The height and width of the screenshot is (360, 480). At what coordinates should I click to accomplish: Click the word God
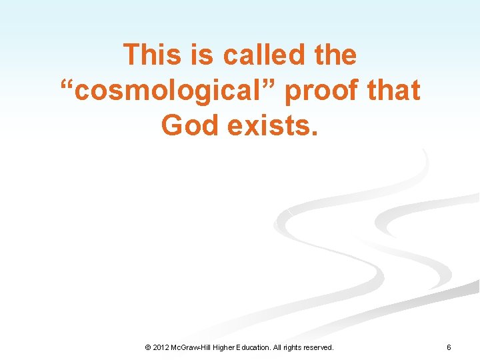click(x=190, y=125)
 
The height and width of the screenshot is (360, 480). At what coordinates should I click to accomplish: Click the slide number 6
click(x=449, y=347)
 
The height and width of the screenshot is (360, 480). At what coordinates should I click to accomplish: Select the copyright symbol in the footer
click(x=148, y=347)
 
